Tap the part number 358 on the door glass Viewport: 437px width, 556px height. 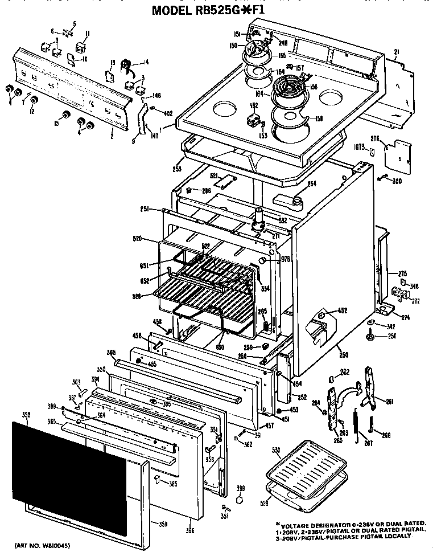[x=24, y=416]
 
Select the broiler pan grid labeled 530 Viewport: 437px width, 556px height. [x=304, y=470]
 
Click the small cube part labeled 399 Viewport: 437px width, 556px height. [x=240, y=500]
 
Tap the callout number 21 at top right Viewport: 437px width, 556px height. [x=396, y=52]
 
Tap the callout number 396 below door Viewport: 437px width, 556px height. [x=189, y=531]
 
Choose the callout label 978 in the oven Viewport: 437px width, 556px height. [x=286, y=260]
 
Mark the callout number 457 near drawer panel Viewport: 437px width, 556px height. [x=270, y=425]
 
